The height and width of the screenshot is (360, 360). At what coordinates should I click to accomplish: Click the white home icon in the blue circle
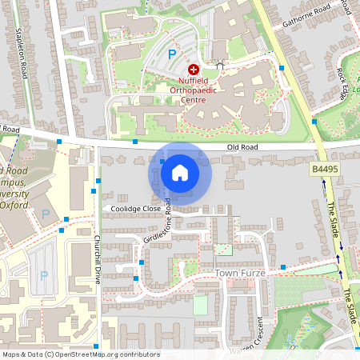180,172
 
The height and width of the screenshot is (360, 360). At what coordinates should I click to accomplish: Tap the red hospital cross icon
193,70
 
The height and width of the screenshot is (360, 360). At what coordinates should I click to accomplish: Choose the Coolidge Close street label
136,210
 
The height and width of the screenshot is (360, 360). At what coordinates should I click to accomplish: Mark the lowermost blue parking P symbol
44,275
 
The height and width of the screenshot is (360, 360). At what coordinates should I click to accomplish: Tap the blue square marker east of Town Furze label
282,266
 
